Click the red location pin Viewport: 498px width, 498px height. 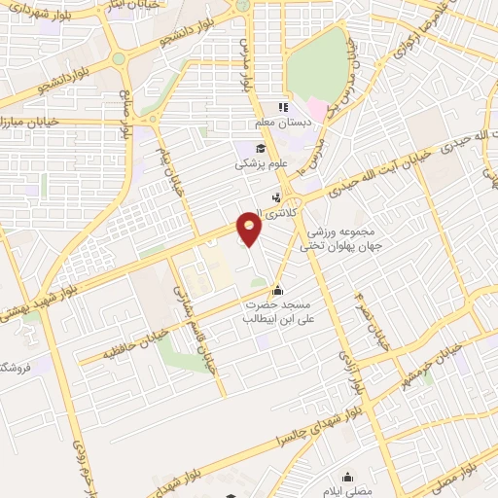pos(251,230)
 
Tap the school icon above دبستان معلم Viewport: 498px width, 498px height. pos(283,108)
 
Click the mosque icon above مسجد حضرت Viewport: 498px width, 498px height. pos(279,289)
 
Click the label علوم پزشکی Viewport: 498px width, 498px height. pos(262,163)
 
